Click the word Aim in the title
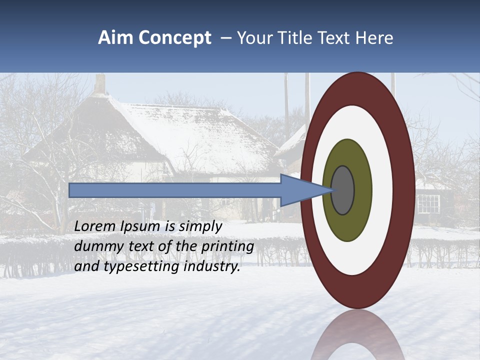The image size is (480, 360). point(115,38)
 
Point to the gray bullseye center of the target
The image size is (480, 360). point(342,190)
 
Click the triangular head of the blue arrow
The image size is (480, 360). point(300,190)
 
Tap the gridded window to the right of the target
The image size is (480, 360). point(428,203)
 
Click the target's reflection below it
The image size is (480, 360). point(357,335)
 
